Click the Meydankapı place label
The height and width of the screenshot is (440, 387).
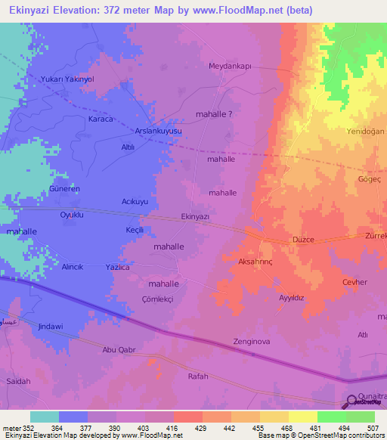click(229, 66)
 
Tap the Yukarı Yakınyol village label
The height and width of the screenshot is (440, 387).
click(69, 79)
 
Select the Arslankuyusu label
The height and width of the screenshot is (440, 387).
click(159, 131)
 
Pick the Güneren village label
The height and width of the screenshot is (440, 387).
click(64, 188)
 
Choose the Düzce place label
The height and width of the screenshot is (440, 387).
click(303, 240)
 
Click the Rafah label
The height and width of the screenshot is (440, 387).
click(197, 376)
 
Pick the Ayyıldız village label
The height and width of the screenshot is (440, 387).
click(291, 298)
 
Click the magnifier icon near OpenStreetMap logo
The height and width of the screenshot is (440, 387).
click(352, 401)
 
